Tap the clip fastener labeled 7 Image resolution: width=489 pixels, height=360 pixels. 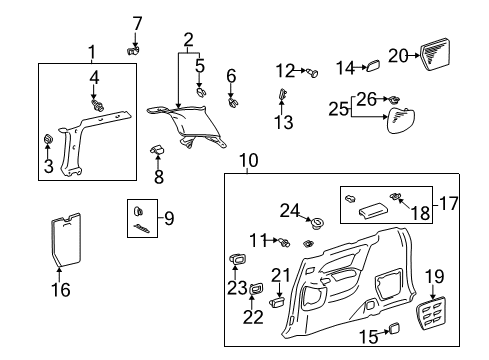133,46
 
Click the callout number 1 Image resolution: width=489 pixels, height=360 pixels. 91,51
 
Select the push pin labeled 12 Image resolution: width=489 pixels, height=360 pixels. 305,71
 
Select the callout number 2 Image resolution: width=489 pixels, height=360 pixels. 186,40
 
